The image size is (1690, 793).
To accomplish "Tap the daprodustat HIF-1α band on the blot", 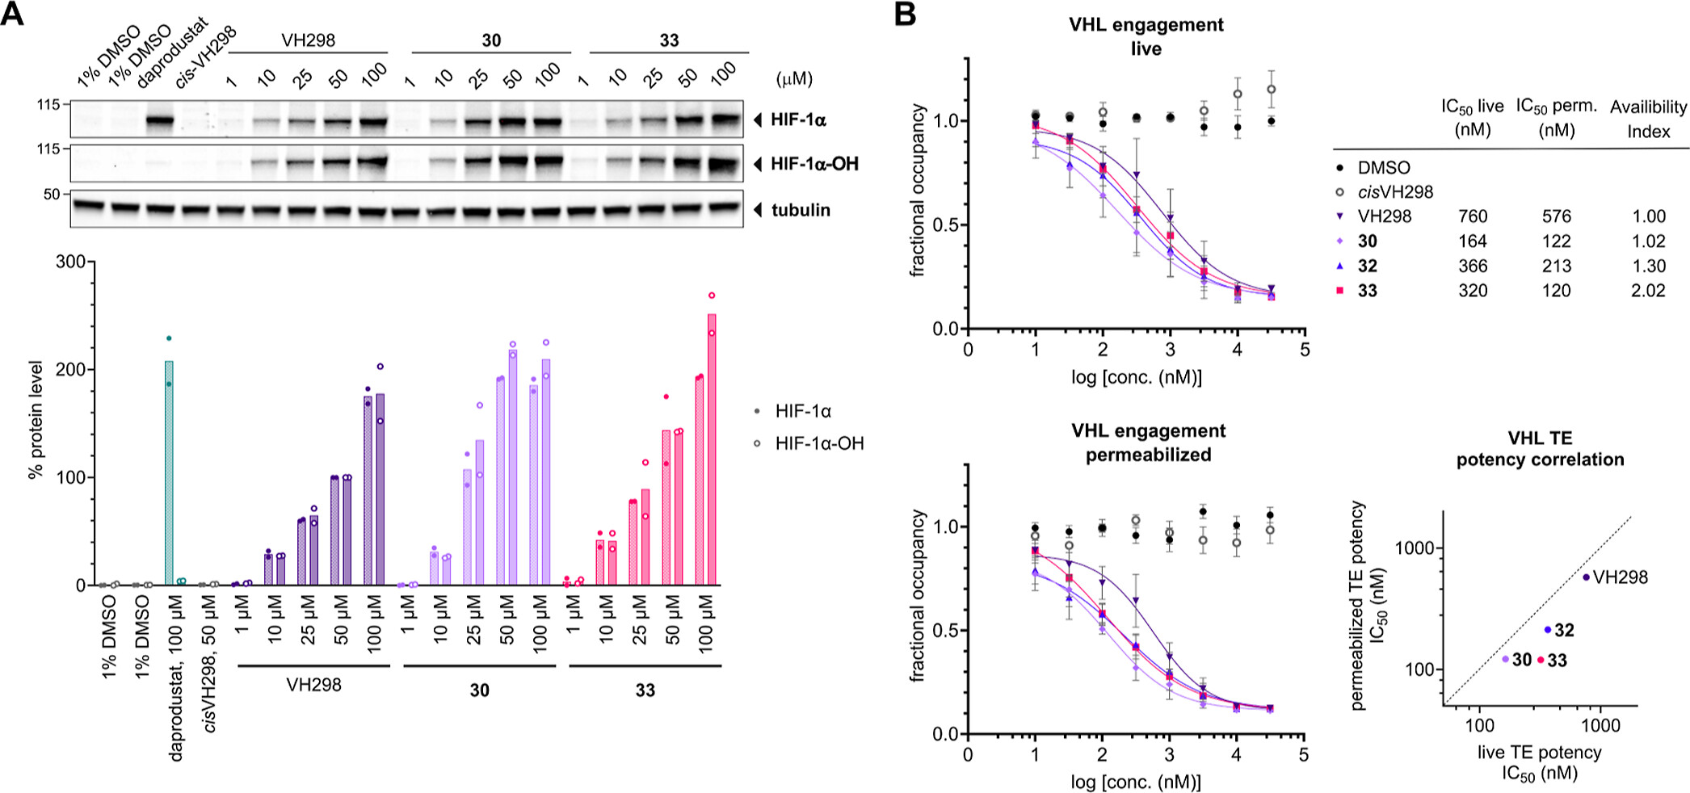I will tap(160, 121).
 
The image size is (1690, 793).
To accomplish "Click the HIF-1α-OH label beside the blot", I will tap(813, 164).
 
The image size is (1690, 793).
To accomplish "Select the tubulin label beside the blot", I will tap(800, 210).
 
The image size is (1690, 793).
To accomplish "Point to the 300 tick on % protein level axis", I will tap(70, 262).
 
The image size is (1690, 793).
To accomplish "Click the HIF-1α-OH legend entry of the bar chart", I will tap(818, 443).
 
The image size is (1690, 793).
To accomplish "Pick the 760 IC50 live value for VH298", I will tap(1472, 216).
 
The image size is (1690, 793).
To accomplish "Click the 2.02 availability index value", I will tap(1647, 291).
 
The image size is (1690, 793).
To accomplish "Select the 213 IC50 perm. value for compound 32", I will tap(1556, 266).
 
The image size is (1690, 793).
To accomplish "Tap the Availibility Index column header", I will tap(1648, 119).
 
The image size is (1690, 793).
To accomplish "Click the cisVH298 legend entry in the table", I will tap(1394, 192).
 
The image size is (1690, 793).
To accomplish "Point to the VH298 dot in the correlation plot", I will tap(1586, 577).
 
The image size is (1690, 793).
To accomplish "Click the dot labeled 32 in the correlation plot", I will tap(1548, 630).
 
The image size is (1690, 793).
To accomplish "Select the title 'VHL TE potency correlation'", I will tap(1539, 448).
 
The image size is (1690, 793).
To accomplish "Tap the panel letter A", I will tap(12, 14).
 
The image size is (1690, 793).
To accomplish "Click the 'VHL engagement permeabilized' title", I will tap(1147, 443).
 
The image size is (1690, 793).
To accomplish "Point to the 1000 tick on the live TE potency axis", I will tap(1600, 725).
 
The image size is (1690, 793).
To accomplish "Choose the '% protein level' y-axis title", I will tap(36, 419).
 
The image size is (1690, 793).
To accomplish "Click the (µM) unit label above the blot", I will tap(793, 78).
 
